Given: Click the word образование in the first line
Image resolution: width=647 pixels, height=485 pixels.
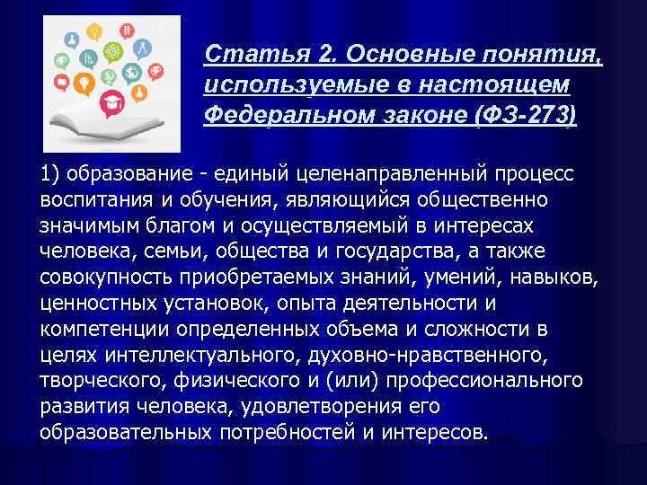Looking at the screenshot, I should [123, 172].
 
